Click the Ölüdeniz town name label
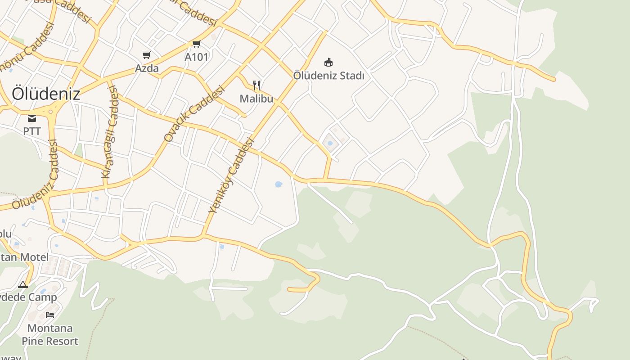(46, 94)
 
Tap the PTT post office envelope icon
(32, 118)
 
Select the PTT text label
(32, 131)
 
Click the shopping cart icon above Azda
(146, 55)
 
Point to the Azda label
(147, 68)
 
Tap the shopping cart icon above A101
(196, 44)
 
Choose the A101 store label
(197, 57)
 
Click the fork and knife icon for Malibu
(256, 85)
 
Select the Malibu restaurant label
(256, 99)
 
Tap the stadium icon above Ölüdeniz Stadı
(328, 62)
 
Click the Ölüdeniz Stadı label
(328, 76)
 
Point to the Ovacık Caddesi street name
(194, 115)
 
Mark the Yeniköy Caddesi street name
(231, 175)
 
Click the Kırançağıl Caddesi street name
(111, 132)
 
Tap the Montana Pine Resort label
(53, 334)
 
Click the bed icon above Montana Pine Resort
(50, 315)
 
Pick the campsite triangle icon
(23, 284)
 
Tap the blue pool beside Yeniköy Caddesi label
(278, 184)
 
